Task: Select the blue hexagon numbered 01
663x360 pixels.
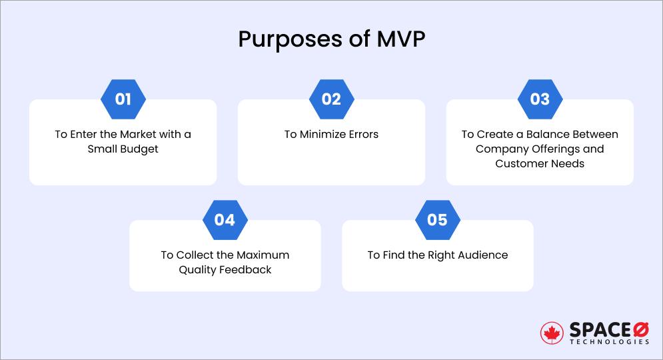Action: point(123,100)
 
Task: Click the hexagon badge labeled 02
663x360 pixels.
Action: point(331,100)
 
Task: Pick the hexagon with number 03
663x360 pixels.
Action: point(540,100)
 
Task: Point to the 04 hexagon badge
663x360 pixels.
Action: point(225,219)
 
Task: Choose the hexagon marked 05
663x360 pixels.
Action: point(437,219)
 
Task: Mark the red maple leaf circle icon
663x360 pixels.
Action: point(552,333)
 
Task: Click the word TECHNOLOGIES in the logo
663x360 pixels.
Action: point(609,341)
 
